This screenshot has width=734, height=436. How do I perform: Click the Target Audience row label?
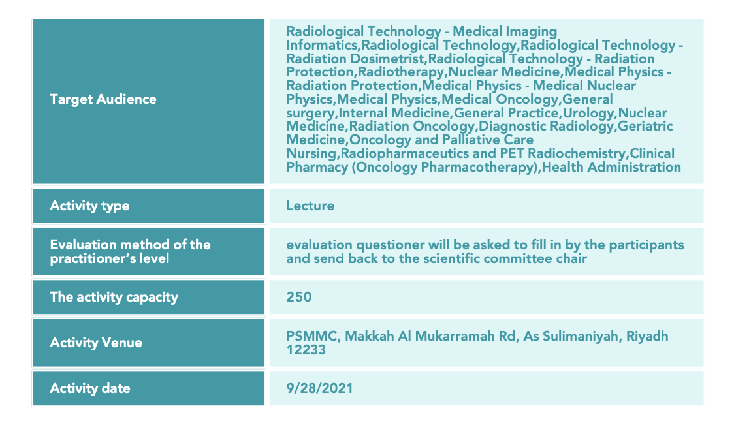103,99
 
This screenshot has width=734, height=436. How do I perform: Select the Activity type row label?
89,206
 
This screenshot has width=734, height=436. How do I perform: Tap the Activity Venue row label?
96,343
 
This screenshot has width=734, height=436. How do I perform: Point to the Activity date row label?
90,388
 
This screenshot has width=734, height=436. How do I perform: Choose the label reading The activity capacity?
114,297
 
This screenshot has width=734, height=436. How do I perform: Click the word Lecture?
310,206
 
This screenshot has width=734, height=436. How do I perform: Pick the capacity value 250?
299,297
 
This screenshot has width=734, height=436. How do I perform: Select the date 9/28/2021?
320,388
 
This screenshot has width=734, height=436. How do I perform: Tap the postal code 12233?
306,350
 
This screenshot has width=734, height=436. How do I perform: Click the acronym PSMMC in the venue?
311,336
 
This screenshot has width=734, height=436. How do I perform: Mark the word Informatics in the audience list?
322,46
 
